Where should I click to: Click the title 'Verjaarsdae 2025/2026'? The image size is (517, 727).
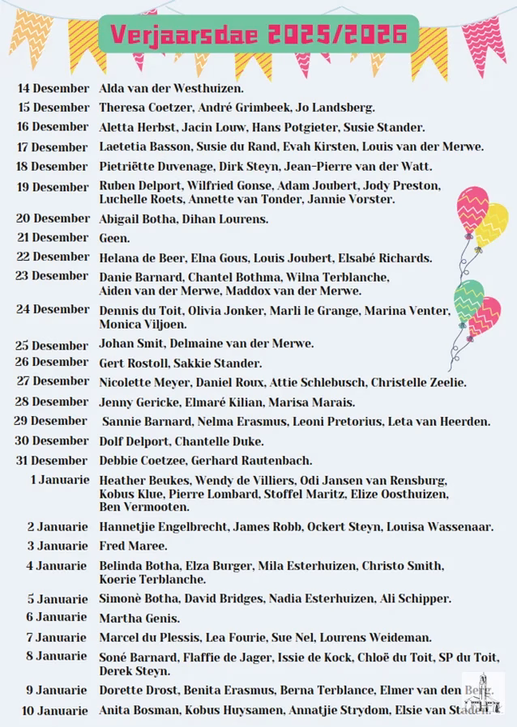tap(258, 35)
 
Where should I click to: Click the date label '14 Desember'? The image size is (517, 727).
tap(53, 87)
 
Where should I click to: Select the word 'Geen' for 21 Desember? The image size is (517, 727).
tap(113, 238)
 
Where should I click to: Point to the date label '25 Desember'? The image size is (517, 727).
tap(53, 344)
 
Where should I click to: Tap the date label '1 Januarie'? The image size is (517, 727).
tap(60, 479)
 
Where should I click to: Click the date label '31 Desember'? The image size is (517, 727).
tap(53, 460)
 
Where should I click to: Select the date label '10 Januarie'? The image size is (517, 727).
tap(56, 711)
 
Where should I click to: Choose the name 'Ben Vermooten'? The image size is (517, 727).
tap(144, 507)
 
